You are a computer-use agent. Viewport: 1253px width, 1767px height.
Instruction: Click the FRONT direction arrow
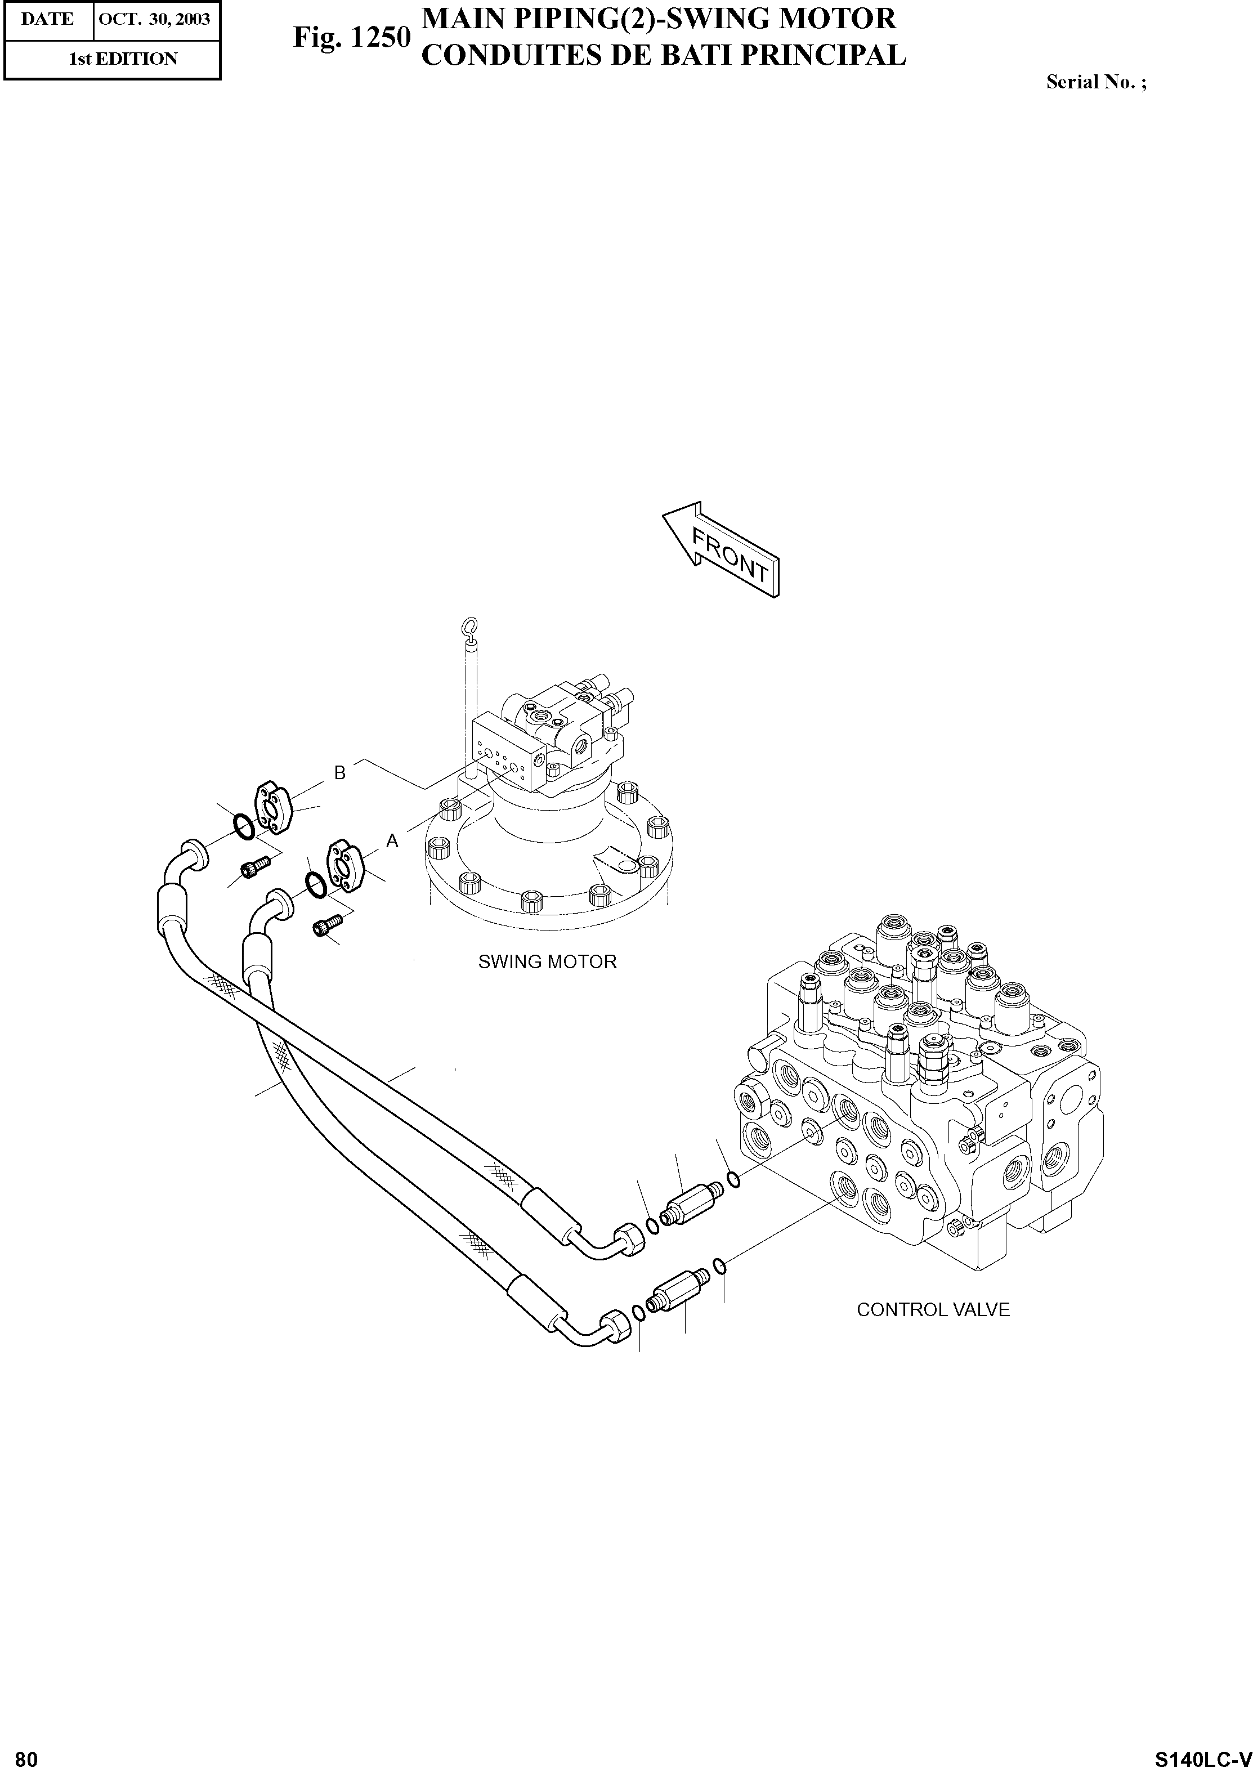tap(722, 550)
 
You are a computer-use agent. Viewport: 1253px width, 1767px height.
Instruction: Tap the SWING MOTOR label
tap(547, 962)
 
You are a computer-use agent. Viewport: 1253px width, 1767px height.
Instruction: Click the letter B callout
tap(339, 772)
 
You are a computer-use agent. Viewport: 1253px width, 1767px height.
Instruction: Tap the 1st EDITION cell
tap(123, 59)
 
